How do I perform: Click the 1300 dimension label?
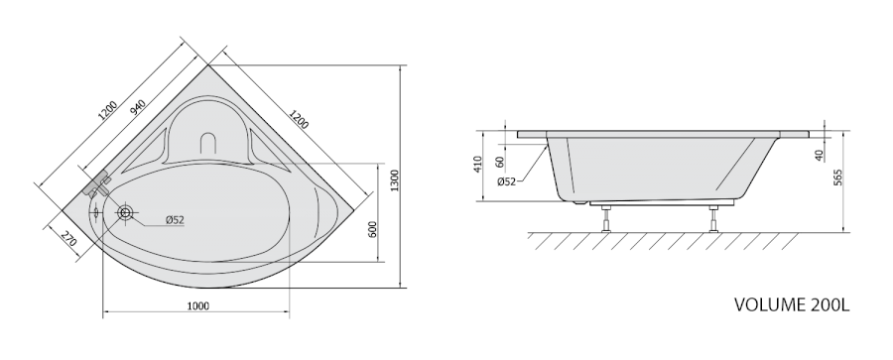tap(396, 180)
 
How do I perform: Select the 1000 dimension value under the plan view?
tap(198, 306)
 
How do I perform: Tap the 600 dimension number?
tap(373, 229)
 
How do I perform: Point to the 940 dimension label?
tap(138, 107)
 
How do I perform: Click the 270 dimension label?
tap(68, 239)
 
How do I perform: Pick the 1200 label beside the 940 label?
tap(107, 111)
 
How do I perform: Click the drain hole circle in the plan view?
tap(125, 213)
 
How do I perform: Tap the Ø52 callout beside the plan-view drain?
tap(175, 220)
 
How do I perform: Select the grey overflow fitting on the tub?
tap(97, 184)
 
